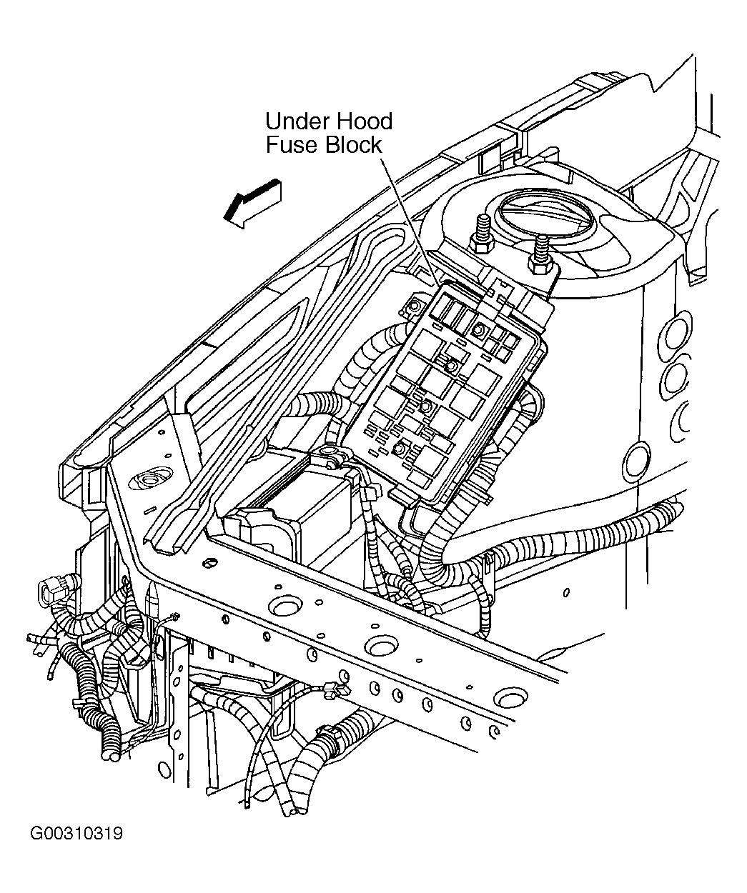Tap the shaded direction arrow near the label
pos(254,203)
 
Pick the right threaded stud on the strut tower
pos(540,256)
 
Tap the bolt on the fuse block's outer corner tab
pos(413,306)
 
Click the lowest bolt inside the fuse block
pos(399,449)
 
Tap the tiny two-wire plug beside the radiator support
pos(174,617)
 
